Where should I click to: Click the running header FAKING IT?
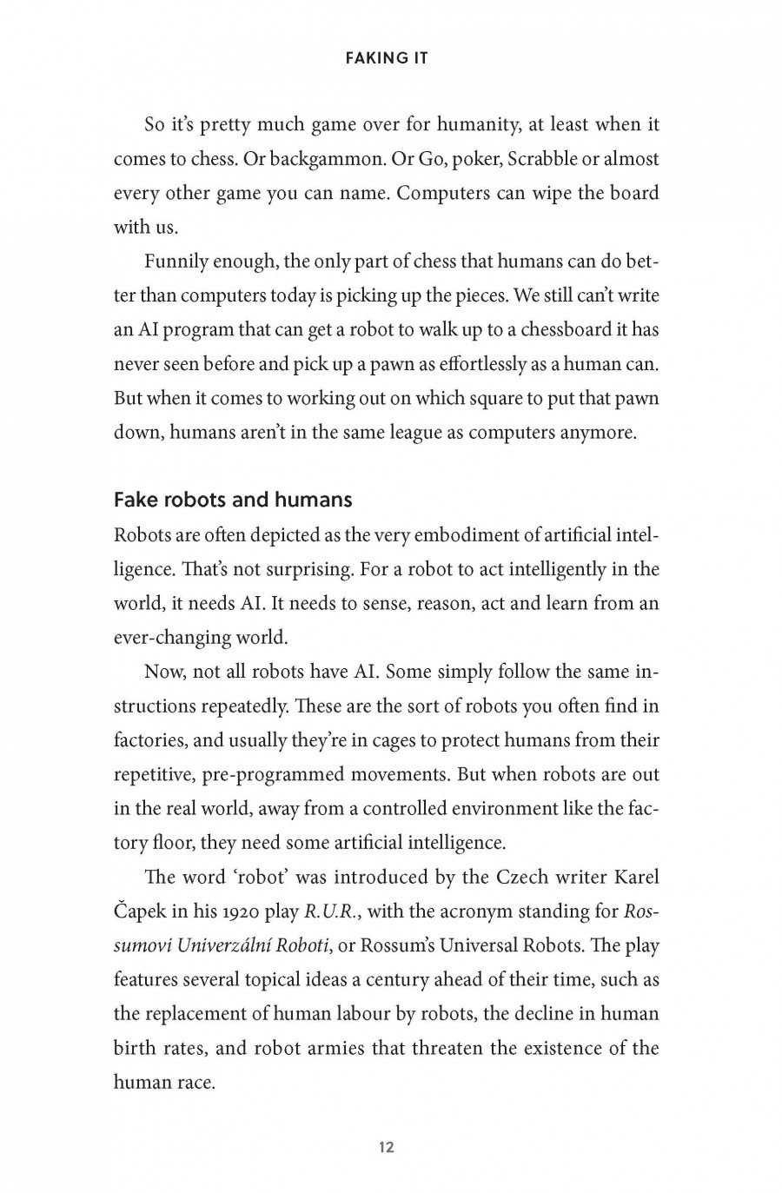pyautogui.click(x=387, y=59)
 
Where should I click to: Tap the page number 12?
pyautogui.click(x=387, y=1147)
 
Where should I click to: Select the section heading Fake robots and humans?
pyautogui.click(x=233, y=500)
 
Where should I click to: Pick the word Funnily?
pyautogui.click(x=174, y=262)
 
